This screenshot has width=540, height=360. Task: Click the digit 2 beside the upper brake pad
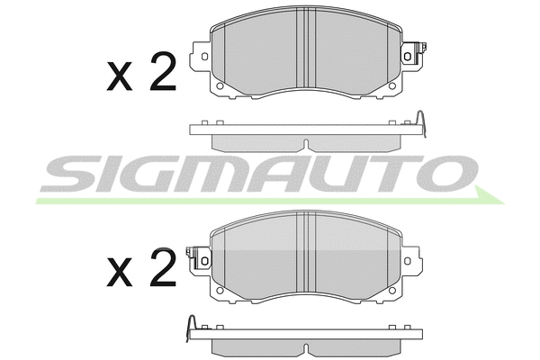[x=163, y=71]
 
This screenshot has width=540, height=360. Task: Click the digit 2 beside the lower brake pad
[x=163, y=267]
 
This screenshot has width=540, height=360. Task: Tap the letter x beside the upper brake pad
[x=120, y=76]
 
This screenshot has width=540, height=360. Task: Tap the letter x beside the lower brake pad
[x=120, y=272]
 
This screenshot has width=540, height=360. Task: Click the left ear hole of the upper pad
[x=204, y=56]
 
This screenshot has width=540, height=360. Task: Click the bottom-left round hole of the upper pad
[x=220, y=85]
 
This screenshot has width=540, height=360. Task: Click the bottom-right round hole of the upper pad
[x=391, y=85]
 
